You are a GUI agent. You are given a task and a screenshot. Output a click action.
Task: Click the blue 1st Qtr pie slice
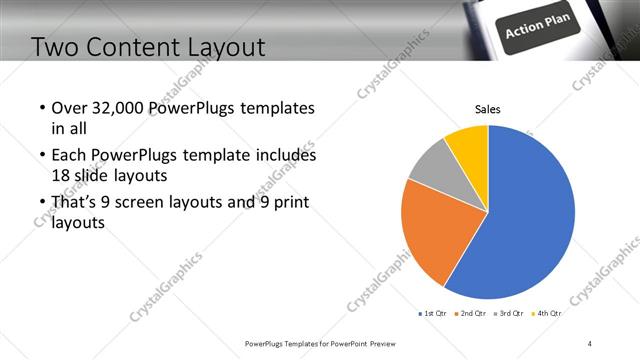pos(530,215)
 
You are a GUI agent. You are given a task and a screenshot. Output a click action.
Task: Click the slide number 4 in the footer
pos(589,343)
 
